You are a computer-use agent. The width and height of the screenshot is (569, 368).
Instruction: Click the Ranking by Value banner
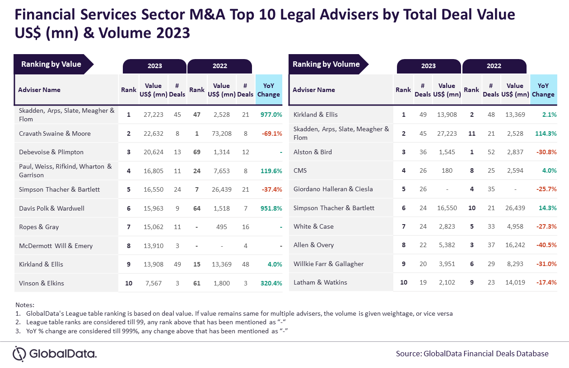coord(51,64)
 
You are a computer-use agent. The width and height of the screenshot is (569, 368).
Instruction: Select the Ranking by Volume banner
coord(326,64)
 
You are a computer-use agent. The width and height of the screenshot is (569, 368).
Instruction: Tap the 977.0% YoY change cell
coord(271,115)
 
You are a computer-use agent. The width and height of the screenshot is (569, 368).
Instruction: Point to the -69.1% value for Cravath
coord(272,133)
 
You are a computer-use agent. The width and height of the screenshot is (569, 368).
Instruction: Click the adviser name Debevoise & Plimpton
coord(51,152)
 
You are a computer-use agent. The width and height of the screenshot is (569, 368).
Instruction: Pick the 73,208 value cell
coord(222,133)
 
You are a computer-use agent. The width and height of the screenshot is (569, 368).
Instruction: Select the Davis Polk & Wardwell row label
coord(51,208)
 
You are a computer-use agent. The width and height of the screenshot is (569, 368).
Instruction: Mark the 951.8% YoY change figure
coord(271,208)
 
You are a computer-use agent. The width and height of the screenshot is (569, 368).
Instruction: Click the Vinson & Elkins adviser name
coord(42,283)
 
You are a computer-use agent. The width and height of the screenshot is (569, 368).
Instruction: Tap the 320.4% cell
coord(271,283)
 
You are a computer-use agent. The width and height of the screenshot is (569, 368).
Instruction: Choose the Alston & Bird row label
coord(312,152)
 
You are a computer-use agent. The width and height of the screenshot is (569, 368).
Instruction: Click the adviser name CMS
coord(301,170)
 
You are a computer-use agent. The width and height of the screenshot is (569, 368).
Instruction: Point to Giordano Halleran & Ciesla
coord(333,189)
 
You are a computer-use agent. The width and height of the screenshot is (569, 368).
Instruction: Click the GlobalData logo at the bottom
coord(55,353)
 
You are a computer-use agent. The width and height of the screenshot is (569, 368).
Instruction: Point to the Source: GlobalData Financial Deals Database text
coord(472,354)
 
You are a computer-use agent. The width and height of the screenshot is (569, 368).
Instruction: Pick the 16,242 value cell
coord(515,245)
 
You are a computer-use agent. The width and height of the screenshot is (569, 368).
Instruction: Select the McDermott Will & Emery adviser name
coord(56,246)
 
